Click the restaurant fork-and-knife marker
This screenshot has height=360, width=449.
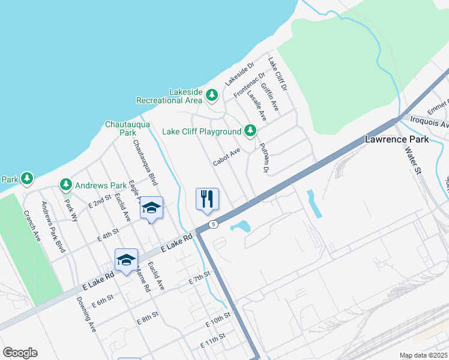(207, 199)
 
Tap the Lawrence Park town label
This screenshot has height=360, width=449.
(397, 139)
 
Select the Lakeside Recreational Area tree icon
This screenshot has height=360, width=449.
(211, 95)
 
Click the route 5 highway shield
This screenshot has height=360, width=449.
(213, 224)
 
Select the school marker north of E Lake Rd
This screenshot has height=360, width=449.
(152, 208)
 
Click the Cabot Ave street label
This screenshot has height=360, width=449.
(226, 157)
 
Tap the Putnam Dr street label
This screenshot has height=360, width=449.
(263, 158)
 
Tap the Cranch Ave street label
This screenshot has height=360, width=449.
(32, 226)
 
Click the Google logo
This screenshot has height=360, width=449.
(20, 353)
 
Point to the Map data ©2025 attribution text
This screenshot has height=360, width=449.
(423, 355)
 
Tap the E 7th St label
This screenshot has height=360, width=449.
(200, 277)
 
